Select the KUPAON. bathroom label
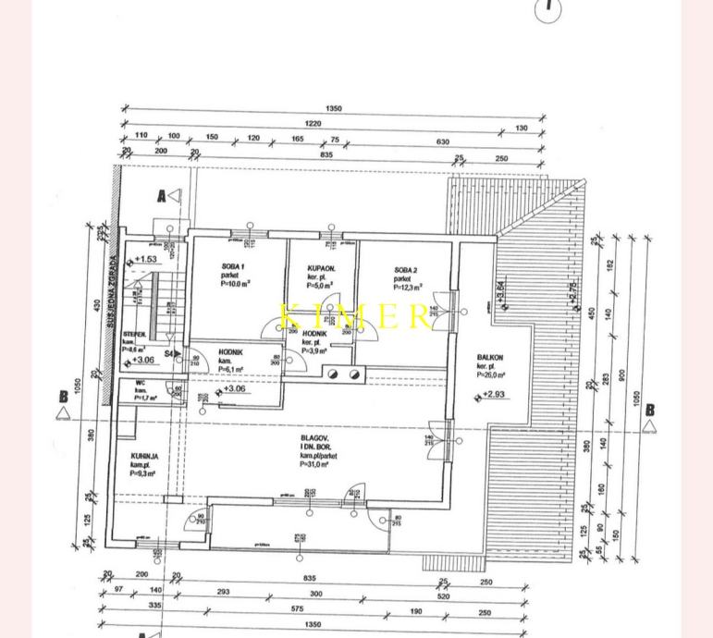(321, 268)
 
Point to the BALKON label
(490, 357)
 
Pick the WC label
(141, 383)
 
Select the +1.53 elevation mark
(145, 260)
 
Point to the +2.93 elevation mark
(496, 396)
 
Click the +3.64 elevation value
(500, 293)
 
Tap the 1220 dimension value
(313, 123)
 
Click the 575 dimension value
(297, 608)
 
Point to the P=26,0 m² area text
(493, 374)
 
